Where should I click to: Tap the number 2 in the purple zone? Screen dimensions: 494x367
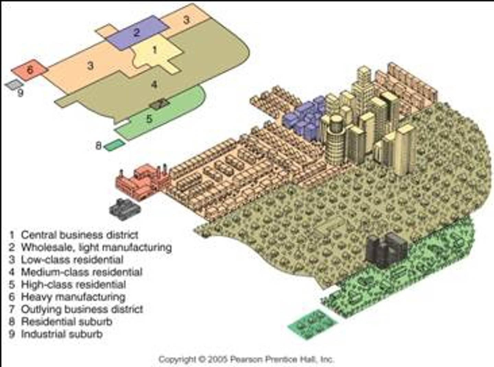[137, 33]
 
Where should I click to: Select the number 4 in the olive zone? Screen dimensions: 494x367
[154, 84]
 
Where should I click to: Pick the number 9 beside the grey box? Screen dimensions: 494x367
[20, 93]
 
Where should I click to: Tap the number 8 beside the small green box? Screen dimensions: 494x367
[98, 146]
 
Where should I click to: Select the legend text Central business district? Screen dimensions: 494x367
[80, 235]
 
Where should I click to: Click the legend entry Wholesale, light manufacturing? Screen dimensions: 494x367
[96, 247]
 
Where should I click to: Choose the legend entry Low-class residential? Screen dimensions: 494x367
[72, 260]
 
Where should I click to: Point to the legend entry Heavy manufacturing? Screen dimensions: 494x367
[73, 297]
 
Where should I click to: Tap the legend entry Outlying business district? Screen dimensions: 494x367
[82, 309]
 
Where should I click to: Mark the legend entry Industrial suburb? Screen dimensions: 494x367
[62, 334]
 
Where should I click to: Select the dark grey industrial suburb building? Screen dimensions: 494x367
[125, 209]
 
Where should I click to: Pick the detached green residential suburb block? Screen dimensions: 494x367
[312, 324]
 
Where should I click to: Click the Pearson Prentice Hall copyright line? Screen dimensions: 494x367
[246, 359]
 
